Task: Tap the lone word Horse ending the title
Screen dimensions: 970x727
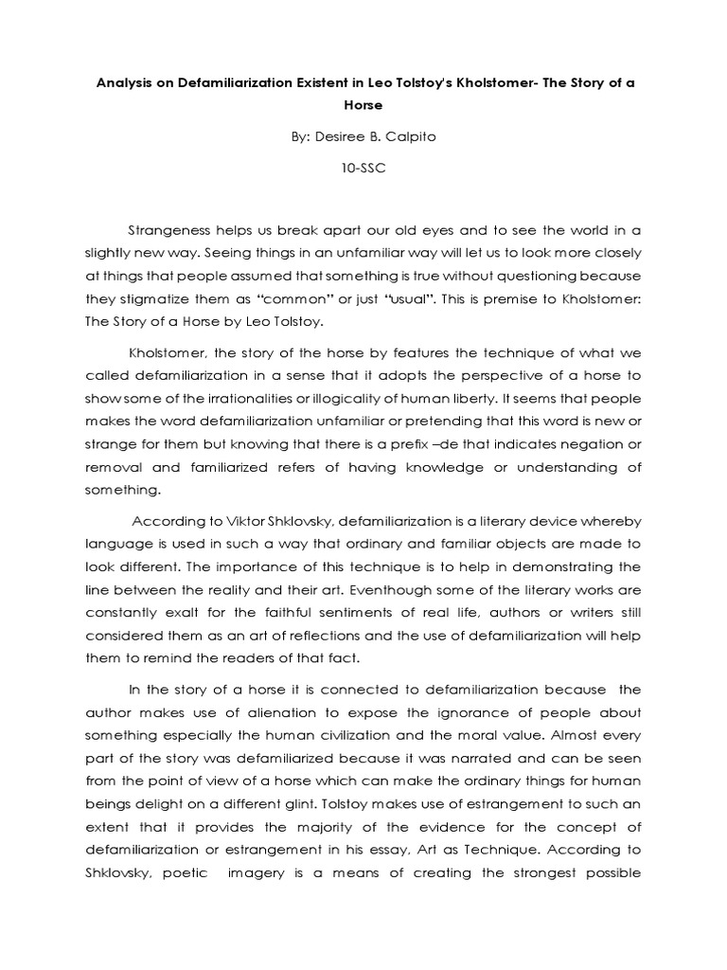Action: (x=363, y=108)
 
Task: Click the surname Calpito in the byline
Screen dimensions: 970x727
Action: (x=413, y=136)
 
